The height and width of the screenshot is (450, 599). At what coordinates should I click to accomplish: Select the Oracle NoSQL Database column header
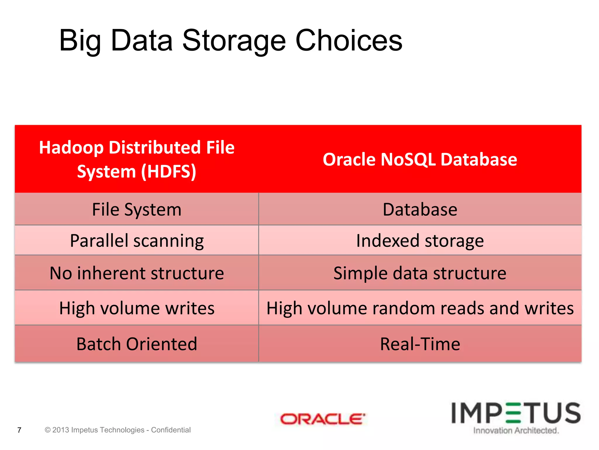420,159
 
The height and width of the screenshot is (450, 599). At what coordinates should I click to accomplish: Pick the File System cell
137,209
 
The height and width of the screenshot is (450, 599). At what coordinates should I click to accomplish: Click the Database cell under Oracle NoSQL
420,209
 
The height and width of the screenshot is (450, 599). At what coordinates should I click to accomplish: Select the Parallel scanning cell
137,241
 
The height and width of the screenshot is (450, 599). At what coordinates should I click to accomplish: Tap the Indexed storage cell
420,241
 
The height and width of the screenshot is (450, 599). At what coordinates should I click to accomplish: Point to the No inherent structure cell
137,273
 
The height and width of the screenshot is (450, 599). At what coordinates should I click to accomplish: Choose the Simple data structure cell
420,273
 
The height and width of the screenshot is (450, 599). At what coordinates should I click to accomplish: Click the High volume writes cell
137,308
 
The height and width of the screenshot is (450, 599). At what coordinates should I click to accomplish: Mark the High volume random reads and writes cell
420,308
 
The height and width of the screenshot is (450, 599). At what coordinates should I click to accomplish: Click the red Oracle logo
323,419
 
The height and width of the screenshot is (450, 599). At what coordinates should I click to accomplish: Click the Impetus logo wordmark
516,413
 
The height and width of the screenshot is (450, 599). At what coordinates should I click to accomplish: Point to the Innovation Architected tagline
516,430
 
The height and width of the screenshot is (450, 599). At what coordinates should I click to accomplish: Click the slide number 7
19,430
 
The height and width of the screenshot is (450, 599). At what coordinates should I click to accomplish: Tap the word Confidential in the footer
171,430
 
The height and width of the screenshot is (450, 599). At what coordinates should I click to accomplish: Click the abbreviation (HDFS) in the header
168,172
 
